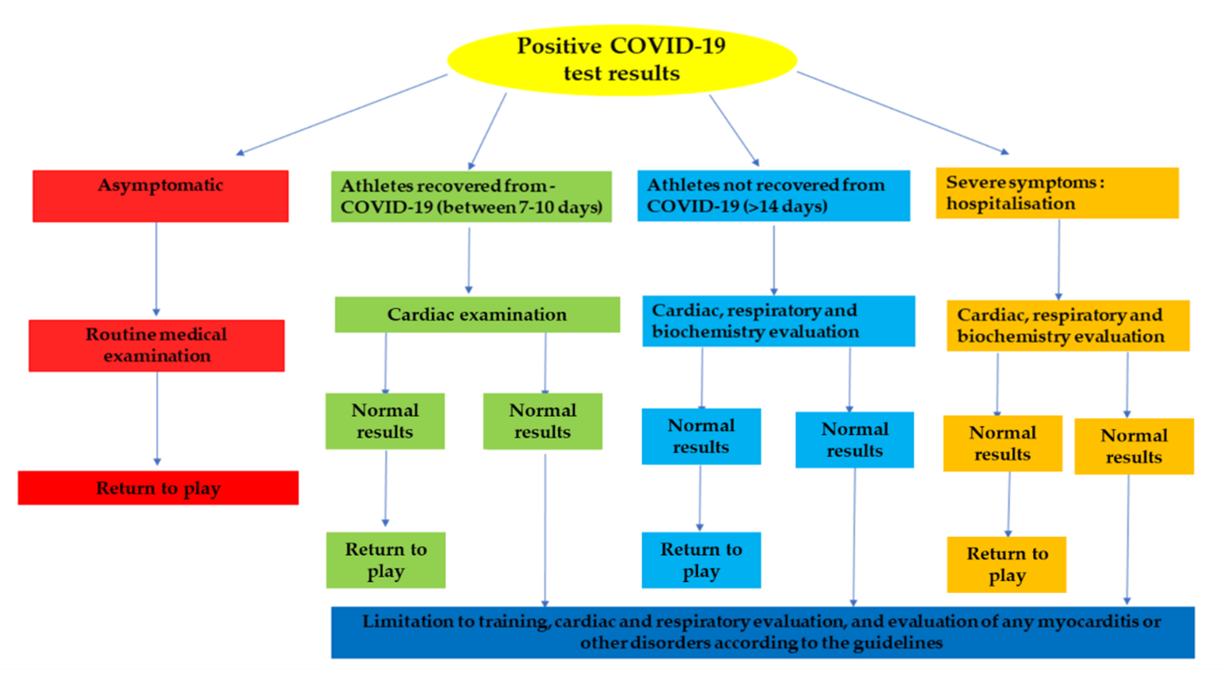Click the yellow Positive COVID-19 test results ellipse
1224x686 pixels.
[621, 60]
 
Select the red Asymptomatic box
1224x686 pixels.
[161, 196]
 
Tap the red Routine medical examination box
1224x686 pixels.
[157, 345]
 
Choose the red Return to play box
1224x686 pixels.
[158, 488]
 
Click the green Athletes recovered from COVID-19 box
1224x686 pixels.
[471, 196]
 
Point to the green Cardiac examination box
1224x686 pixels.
[477, 314]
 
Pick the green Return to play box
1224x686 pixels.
[386, 560]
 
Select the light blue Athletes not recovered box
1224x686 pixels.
[773, 195]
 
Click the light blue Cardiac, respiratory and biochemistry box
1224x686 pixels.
[778, 321]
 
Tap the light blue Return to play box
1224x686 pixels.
[701, 560]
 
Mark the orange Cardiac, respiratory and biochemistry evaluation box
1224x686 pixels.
[1068, 325]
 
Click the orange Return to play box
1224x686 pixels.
[1006, 564]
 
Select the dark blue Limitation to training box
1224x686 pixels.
[763, 632]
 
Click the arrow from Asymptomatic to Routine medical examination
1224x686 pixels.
[156, 268]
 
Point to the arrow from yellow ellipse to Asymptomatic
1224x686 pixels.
[342, 114]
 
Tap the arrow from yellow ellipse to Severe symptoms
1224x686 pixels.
[903, 112]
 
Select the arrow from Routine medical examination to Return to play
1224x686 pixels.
[157, 418]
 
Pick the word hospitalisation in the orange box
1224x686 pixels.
[1011, 204]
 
